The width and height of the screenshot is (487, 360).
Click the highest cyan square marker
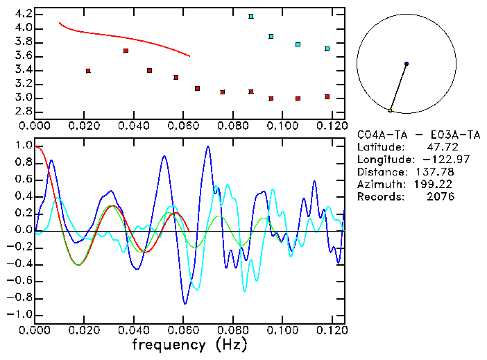251,16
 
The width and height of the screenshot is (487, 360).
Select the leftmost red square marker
88,71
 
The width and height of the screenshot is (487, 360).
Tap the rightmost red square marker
327,96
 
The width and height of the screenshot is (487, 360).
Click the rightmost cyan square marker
327,49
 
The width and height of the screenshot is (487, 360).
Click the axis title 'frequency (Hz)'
189,345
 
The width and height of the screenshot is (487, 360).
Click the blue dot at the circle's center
407,64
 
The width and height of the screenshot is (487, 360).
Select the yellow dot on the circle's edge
391,110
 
